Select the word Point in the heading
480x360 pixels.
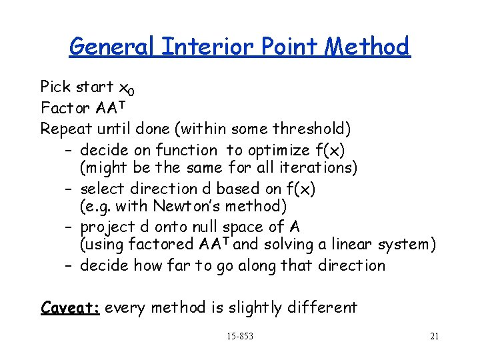click(x=279, y=47)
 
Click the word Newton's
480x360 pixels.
click(x=183, y=206)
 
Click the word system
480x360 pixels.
click(x=406, y=245)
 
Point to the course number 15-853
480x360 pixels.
click(x=239, y=336)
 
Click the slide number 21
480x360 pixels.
click(x=434, y=336)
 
